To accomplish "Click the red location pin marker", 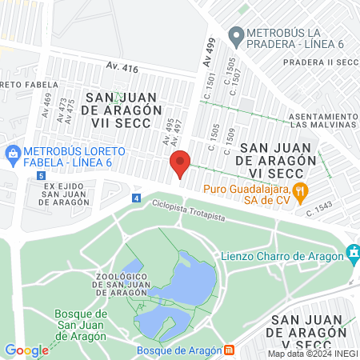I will (x=180, y=163).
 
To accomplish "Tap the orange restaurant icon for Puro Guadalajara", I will (x=301, y=190).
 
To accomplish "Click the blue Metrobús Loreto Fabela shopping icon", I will (x=12, y=152).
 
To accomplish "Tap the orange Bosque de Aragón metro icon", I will (x=230, y=350).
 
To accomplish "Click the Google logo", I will (x=26, y=350).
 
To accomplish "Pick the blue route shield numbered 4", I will (x=136, y=198).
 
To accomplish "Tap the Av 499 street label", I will (x=209, y=54).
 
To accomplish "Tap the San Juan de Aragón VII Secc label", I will (x=122, y=110).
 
